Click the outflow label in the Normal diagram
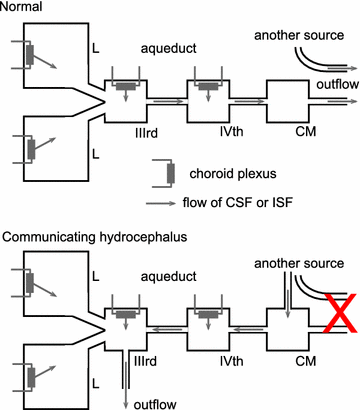(320, 84)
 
